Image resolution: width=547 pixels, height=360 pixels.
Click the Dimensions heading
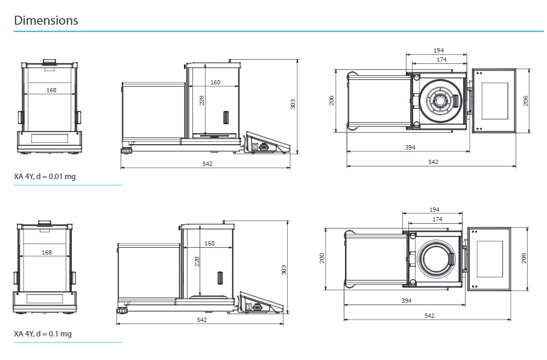(x=46, y=20)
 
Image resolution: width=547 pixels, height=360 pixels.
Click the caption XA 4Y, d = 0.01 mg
(x=45, y=176)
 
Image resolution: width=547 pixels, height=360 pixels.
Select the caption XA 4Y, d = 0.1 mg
(x=43, y=333)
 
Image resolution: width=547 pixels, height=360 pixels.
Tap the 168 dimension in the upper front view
(x=51, y=90)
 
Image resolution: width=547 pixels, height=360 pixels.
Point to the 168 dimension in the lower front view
(x=46, y=252)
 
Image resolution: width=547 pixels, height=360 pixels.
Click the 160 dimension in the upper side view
(x=215, y=82)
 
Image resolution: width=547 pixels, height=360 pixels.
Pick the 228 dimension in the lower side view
(x=197, y=261)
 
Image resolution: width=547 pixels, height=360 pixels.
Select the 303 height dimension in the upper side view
(x=292, y=104)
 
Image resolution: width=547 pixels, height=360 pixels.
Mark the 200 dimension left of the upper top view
(x=331, y=100)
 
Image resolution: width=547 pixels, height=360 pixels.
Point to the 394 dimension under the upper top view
(x=410, y=147)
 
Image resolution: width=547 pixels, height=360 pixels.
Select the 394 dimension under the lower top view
(x=407, y=300)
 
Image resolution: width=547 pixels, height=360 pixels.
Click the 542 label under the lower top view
(x=429, y=315)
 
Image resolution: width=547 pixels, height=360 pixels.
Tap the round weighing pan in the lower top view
(x=435, y=258)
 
